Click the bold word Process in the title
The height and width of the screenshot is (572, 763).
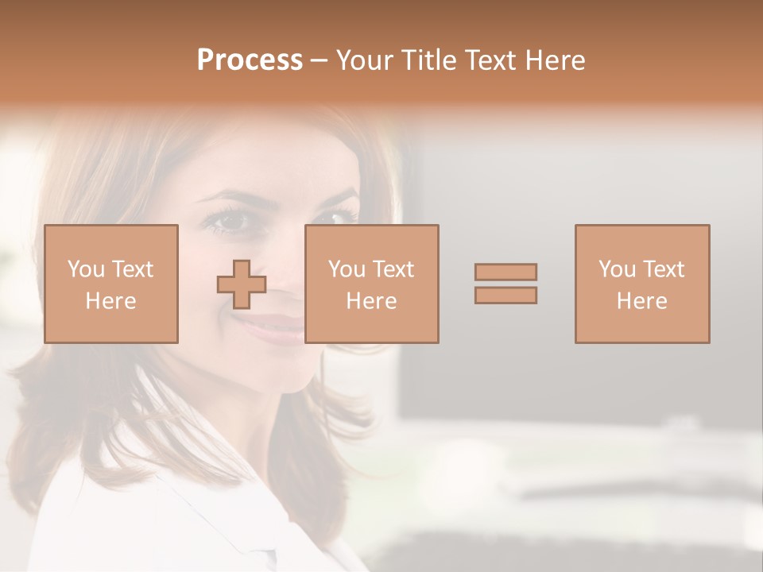click(x=250, y=60)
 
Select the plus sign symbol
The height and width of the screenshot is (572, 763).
click(x=242, y=284)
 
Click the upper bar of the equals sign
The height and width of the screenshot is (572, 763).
click(x=505, y=272)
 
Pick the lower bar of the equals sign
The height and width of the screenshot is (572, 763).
click(x=505, y=296)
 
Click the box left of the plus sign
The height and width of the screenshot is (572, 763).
click(x=110, y=284)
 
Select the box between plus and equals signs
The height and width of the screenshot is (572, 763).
click(x=371, y=284)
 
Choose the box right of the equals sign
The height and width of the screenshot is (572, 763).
click(x=641, y=284)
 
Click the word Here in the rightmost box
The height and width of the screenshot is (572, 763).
click(x=641, y=301)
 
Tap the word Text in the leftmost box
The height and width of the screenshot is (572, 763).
click(x=131, y=269)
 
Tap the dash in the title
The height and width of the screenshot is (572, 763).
click(x=319, y=60)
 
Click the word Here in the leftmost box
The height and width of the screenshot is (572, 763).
click(x=110, y=301)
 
